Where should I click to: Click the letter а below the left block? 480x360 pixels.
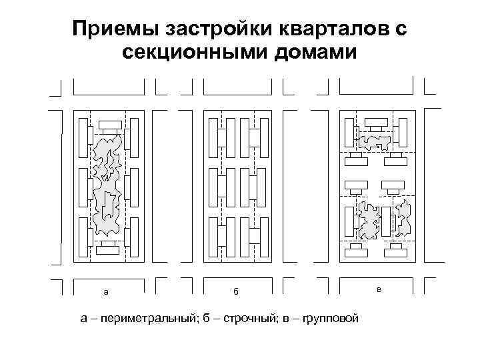tap(105, 292)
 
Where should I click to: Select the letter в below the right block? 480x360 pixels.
tap(378, 289)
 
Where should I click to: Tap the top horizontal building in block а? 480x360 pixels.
tap(111, 125)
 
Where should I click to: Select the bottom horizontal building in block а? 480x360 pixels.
tap(107, 251)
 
